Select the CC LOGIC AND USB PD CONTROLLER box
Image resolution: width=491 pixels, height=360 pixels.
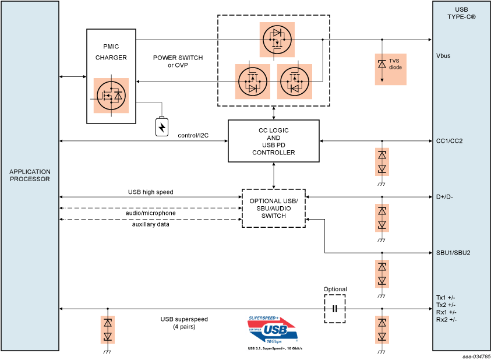[273, 141]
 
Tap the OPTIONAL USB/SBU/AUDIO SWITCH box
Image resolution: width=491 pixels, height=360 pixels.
[274, 208]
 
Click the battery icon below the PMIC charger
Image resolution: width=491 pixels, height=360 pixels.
[162, 126]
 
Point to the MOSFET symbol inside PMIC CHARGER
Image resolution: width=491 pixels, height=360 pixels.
[111, 95]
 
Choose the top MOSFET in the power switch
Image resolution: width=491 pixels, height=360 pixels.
[277, 40]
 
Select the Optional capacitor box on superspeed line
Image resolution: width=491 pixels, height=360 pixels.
[335, 309]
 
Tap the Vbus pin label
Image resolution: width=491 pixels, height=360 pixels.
[443, 57]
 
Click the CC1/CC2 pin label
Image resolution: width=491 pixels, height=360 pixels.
[449, 141]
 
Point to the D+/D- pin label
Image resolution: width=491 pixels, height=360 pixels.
[445, 197]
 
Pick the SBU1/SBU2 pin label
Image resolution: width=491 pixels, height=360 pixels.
[453, 253]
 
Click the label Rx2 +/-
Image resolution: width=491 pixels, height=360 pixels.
[446, 319]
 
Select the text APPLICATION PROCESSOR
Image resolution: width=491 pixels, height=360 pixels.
[30, 175]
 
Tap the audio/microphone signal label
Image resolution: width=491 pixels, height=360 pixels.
[150, 213]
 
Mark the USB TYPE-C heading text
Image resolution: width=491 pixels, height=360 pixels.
[461, 13]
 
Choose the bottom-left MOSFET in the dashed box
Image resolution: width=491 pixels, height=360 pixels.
[252, 81]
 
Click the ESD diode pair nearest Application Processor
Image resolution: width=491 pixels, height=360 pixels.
[107, 330]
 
